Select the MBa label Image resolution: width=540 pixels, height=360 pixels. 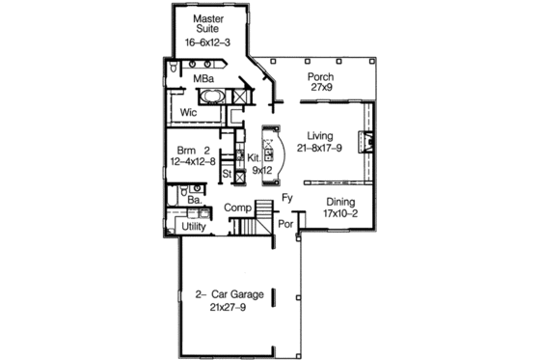(x=203, y=77)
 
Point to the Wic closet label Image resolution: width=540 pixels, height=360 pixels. (x=188, y=112)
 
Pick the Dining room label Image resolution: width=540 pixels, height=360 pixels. (x=339, y=202)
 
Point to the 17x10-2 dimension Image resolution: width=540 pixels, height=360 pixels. (x=339, y=213)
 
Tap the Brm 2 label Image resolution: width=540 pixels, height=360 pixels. (x=193, y=150)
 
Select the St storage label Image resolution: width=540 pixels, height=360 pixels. (x=229, y=174)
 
